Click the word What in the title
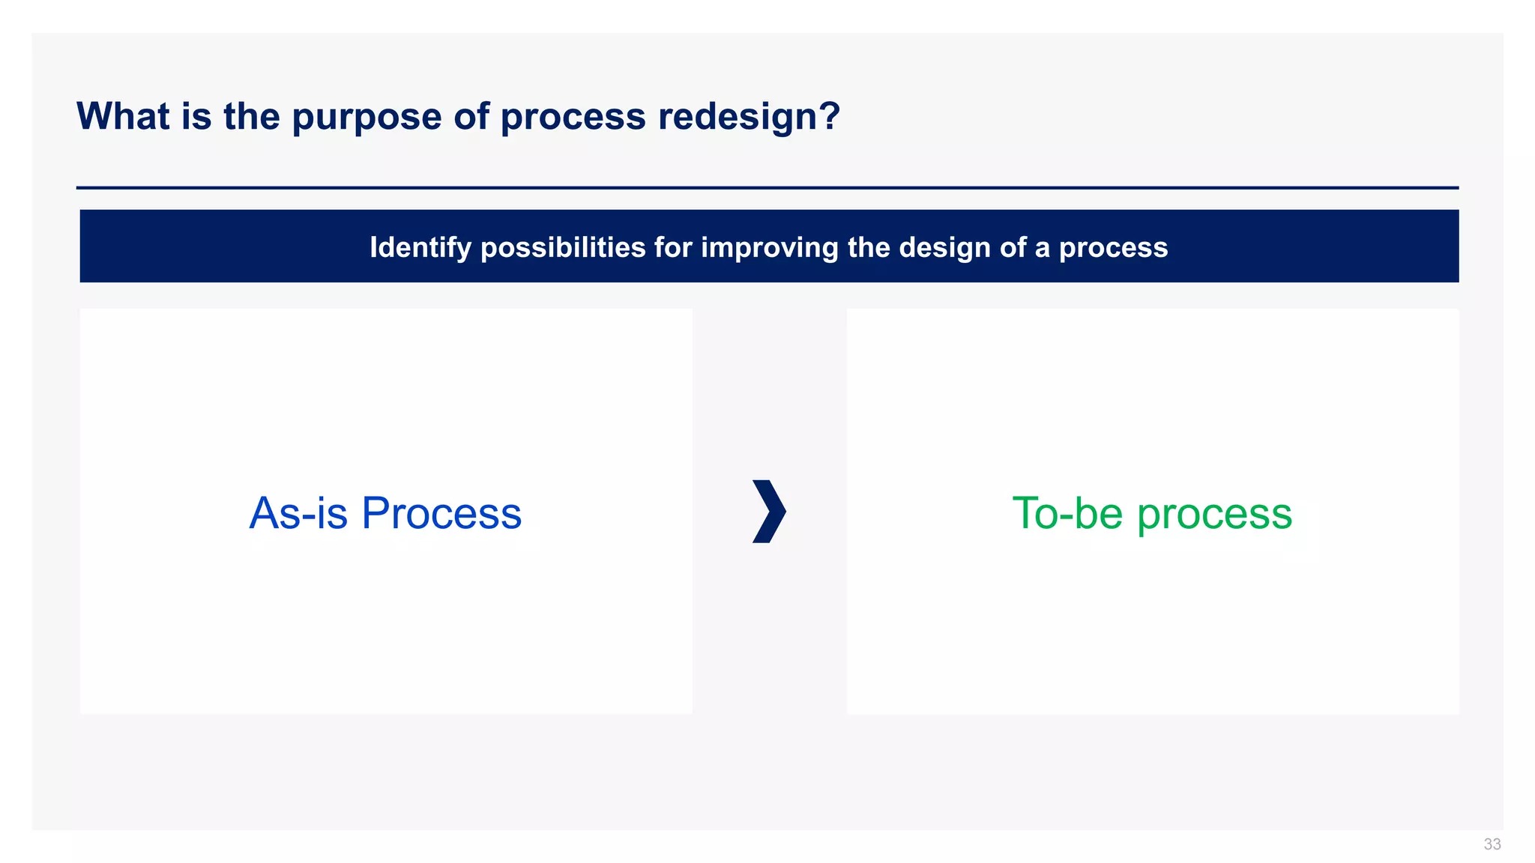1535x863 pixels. click(x=123, y=117)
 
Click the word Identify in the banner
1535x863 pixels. click(x=420, y=248)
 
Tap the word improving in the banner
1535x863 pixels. click(x=769, y=248)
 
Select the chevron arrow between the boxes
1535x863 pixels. click(x=769, y=512)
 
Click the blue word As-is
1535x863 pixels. click(x=298, y=514)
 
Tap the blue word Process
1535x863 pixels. click(x=441, y=514)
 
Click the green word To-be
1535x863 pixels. click(x=1067, y=514)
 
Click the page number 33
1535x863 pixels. click(x=1492, y=844)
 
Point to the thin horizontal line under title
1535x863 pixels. click(x=767, y=187)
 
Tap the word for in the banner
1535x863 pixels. click(x=672, y=248)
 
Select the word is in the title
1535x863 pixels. click(x=196, y=117)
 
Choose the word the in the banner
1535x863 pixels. click(x=870, y=248)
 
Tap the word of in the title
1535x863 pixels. click(x=471, y=117)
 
